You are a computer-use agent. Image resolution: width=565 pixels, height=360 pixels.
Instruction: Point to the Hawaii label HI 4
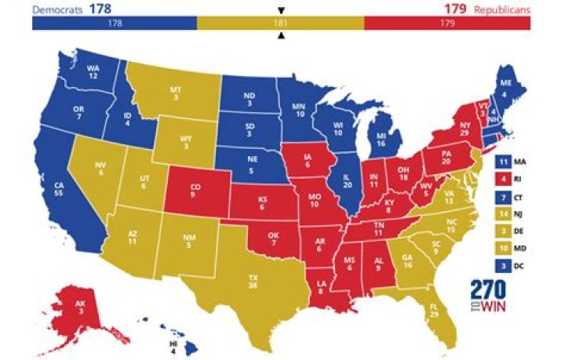pyautogui.click(x=173, y=346)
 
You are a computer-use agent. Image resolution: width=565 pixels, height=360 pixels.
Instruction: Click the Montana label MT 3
pyautogui.click(x=175, y=96)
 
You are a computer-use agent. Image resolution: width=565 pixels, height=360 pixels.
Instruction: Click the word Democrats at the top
pyautogui.click(x=56, y=9)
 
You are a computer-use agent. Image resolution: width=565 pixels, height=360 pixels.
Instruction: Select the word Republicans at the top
pyautogui.click(x=502, y=9)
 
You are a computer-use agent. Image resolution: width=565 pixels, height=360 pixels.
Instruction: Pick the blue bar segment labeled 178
pyautogui.click(x=115, y=24)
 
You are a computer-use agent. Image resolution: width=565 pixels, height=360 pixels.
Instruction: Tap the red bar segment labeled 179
pyautogui.click(x=447, y=24)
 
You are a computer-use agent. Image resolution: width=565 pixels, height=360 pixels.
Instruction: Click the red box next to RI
pyautogui.click(x=503, y=178)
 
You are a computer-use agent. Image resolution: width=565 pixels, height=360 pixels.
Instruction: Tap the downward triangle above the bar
pyautogui.click(x=281, y=10)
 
